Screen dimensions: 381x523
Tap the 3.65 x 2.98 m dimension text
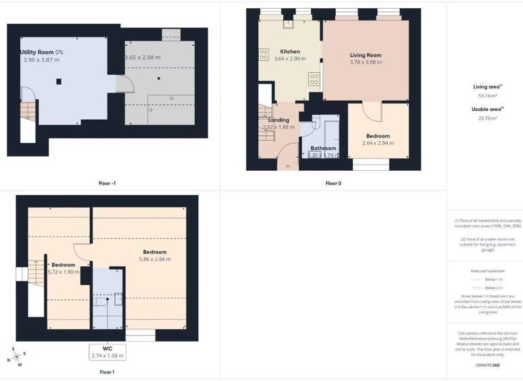pyautogui.click(x=142, y=57)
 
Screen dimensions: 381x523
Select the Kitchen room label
pyautogui.click(x=290, y=52)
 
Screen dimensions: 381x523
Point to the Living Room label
pyautogui.click(x=365, y=55)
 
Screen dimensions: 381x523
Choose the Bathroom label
pyautogui.click(x=323, y=148)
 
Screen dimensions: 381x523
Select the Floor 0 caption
pyautogui.click(x=333, y=183)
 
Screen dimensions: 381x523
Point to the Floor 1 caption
pyautogui.click(x=107, y=372)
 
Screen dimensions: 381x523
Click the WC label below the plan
pyautogui.click(x=107, y=348)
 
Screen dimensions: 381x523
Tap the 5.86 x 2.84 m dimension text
pyautogui.click(x=153, y=259)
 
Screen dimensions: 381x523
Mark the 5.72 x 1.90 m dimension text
pyautogui.click(x=63, y=271)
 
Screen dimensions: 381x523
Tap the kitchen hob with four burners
pyautogui.click(x=315, y=80)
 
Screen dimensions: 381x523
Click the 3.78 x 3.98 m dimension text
pyautogui.click(x=365, y=63)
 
